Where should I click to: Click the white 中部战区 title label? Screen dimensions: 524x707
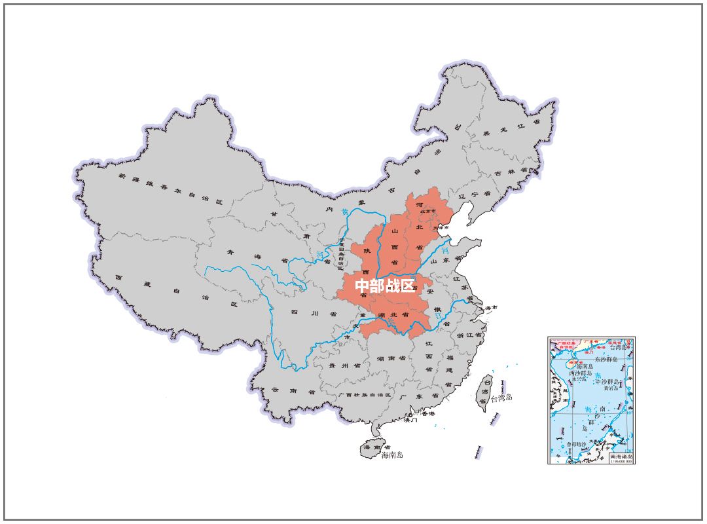tap(384, 286)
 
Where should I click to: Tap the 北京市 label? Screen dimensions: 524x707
tap(427, 211)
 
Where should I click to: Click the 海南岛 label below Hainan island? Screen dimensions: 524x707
tap(392, 455)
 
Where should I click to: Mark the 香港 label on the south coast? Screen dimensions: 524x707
tap(427, 413)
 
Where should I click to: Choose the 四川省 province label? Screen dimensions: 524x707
tap(305, 314)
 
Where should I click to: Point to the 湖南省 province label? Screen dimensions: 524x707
tap(391, 359)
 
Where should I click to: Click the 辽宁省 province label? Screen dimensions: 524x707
tap(474, 195)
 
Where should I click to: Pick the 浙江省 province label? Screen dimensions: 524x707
tap(469, 335)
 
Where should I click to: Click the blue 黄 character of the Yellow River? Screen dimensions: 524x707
tap(345, 212)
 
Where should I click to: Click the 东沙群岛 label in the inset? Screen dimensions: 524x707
tap(606, 360)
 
